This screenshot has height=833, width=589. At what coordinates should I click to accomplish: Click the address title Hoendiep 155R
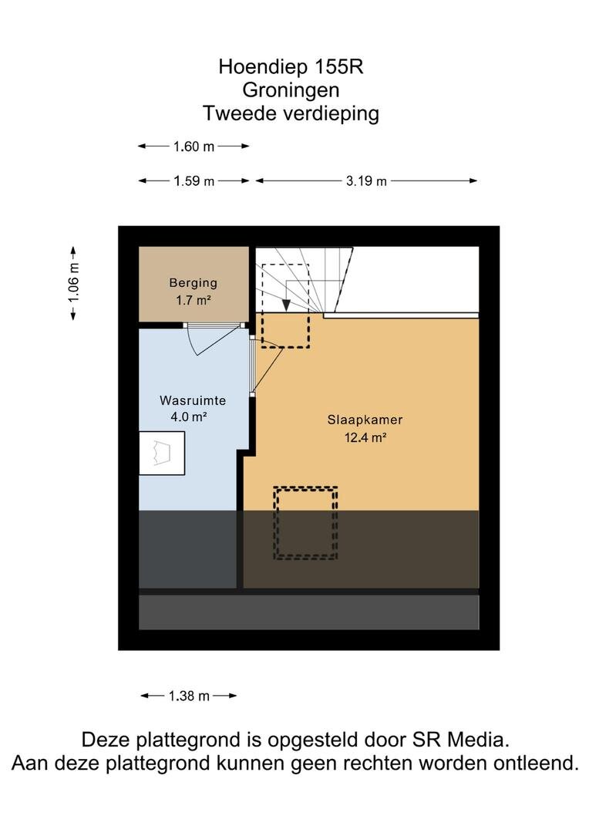pos(291,67)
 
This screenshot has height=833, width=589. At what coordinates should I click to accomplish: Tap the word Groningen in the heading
pos(291,90)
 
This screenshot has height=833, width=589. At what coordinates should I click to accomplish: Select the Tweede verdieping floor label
pos(291,113)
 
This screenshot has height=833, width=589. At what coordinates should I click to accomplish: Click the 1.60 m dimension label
pos(194,146)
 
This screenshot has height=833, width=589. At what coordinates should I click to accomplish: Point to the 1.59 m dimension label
pos(194,181)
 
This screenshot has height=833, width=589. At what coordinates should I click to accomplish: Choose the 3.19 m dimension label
pos(366,181)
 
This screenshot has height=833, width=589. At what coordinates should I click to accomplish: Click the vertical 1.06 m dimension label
pos(73,282)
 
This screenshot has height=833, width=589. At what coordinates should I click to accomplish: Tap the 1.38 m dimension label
pos(189,696)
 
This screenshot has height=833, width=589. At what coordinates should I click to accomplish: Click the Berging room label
pos(194,282)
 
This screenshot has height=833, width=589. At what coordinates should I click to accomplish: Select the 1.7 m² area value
pos(194,300)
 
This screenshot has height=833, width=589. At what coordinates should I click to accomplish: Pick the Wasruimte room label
pos(193,400)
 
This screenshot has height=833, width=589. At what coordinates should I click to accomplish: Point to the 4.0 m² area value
pos(189,417)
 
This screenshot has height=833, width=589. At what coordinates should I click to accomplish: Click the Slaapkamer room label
pos(365,420)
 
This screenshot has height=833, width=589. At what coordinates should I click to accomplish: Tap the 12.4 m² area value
pos(365,438)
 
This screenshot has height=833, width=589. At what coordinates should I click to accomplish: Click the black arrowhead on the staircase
pos(286,305)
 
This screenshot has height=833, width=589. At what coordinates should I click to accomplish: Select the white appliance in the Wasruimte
pos(162,454)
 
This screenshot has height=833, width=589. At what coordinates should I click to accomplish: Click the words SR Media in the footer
pos(461,740)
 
